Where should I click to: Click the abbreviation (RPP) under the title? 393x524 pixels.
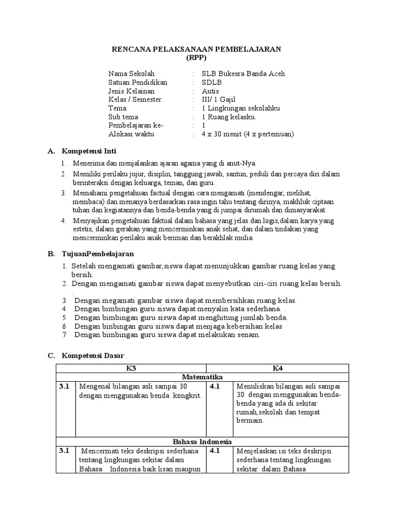pyautogui.click(x=196, y=58)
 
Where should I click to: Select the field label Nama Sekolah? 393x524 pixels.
pyautogui.click(x=131, y=74)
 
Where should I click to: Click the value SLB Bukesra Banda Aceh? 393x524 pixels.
pyautogui.click(x=243, y=74)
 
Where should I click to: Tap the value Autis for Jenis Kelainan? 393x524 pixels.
pyautogui.click(x=210, y=91)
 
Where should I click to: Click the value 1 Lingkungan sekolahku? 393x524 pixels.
pyautogui.click(x=241, y=108)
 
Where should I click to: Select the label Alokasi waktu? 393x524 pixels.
pyautogui.click(x=131, y=134)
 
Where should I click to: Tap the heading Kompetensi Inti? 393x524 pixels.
pyautogui.click(x=89, y=151)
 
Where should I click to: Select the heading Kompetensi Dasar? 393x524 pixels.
pyautogui.click(x=93, y=355)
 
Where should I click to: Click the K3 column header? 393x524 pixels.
pyautogui.click(x=131, y=368)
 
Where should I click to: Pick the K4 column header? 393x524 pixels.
pyautogui.click(x=277, y=368)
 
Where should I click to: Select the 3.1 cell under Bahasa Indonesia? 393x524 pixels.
pyautogui.click(x=64, y=451)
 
